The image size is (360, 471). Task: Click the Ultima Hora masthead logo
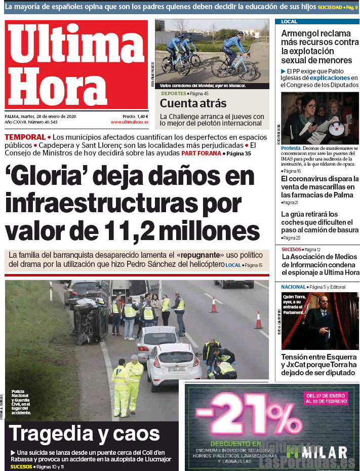point(76,64)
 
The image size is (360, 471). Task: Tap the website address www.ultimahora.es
point(130,122)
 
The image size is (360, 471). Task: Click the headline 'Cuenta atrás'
point(193,103)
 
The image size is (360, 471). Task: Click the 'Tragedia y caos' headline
point(84,434)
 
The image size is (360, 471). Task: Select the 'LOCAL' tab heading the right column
point(290,22)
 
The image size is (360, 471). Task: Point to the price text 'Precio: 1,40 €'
point(135,116)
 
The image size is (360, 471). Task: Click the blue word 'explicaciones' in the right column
point(330,78)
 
